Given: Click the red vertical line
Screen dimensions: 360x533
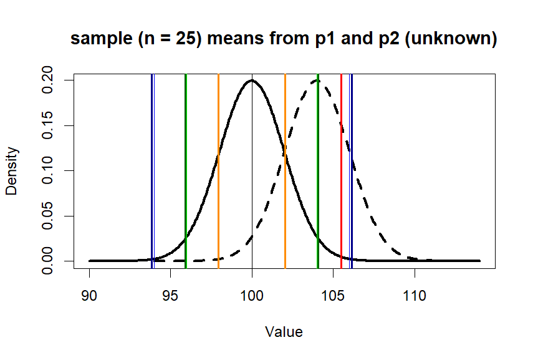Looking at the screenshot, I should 342,187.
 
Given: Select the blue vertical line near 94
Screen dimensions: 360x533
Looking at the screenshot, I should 152,187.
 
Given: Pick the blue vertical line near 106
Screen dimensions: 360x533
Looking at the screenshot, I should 352,187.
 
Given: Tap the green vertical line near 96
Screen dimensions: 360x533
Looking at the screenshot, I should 186,187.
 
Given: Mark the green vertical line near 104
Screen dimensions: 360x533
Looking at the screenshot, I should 318,187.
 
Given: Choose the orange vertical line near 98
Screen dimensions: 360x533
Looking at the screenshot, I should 218,187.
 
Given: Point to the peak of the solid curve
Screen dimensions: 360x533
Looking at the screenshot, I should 252,80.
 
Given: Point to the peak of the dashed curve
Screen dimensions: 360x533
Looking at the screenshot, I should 317,80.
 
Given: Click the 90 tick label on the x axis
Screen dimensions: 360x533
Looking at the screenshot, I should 89,295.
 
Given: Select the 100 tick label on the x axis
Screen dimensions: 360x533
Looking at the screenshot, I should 252,295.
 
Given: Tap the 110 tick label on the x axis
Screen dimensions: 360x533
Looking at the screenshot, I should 415,295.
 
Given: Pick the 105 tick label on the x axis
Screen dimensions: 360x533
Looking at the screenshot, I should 334,295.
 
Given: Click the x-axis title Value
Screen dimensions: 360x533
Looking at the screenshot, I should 284,332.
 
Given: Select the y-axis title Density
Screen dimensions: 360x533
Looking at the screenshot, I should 12,171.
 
